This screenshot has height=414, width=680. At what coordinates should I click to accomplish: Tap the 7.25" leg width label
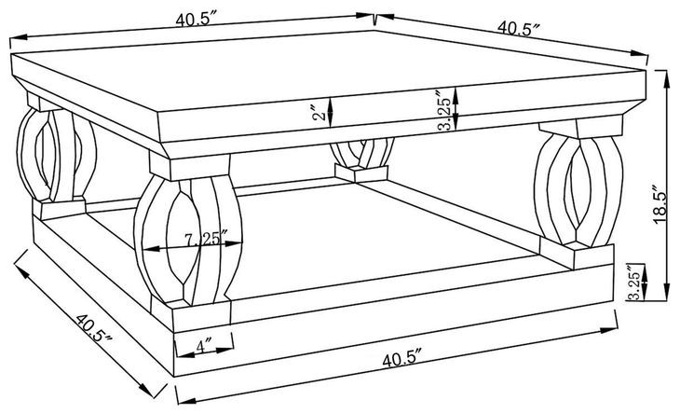[206, 239]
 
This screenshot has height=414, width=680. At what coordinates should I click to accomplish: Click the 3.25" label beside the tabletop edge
[445, 110]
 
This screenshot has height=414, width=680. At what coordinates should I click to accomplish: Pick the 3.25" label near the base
[634, 281]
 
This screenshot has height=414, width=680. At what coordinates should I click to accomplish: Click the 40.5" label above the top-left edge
[196, 20]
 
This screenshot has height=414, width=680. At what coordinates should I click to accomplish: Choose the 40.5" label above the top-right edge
[518, 28]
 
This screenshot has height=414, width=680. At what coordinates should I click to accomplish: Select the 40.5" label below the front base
[402, 360]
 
